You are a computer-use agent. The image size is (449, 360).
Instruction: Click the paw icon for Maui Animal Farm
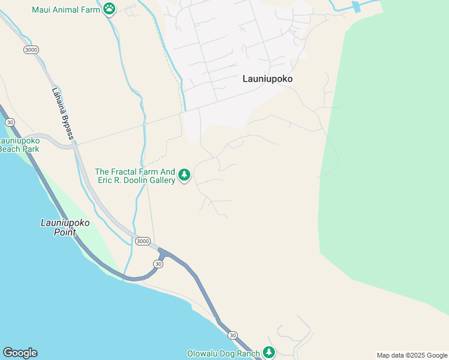pos(109,8)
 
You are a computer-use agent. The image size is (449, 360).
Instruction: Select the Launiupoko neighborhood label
pos(271,78)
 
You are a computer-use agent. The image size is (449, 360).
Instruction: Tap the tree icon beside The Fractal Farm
pos(184,175)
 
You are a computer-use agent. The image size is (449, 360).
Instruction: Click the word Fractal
pos(129,171)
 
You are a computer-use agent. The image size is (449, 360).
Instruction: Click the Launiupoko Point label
pos(65,227)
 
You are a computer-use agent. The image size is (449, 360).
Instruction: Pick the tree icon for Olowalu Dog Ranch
pos(270,353)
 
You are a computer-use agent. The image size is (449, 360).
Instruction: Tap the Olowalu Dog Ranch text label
pos(223,353)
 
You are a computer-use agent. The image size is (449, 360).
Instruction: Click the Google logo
pos(20,353)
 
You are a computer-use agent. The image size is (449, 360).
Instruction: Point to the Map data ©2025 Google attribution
pos(412,355)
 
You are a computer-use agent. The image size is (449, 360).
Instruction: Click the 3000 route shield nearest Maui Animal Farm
pos(31,49)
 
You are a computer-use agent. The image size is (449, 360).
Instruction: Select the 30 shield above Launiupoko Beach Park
pos(10,121)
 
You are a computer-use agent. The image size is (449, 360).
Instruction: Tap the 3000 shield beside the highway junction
pos(143,241)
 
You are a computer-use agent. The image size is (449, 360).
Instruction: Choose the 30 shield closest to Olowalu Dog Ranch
pos(233,335)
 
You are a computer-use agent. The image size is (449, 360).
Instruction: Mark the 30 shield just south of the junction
pos(158,263)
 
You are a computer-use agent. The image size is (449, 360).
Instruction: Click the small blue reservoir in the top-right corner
pos(357,7)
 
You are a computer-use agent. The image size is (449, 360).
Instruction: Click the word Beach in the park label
pos(10,149)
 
